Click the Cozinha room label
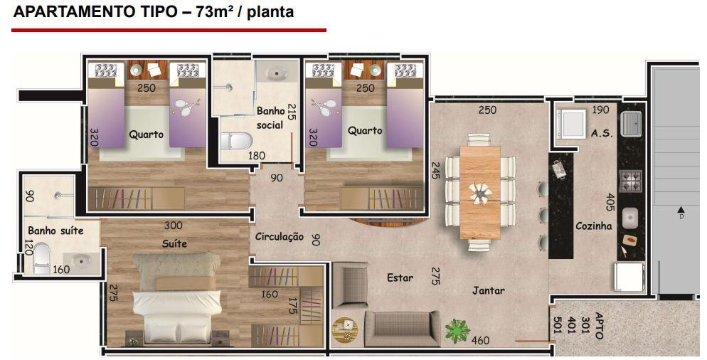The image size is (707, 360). coord(593,226)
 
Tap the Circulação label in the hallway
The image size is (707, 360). coord(279,236)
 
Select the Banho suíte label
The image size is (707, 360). coord(55,231)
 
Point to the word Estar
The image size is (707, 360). coord(400,277)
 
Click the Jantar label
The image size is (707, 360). coord(489,290)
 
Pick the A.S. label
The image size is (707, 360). coord(602,133)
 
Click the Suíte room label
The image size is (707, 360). coord(174,243)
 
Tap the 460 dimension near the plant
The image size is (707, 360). coord(480,340)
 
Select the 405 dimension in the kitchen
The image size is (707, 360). coord(610,203)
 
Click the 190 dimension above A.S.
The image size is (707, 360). coord(600,110)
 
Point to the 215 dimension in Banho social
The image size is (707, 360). coord(292,112)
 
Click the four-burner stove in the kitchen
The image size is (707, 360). coord(631,181)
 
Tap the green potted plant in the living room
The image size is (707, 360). coord(457,331)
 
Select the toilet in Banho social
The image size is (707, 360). coord(236,141)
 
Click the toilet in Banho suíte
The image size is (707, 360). coord(42,258)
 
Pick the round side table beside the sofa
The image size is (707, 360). coord(345,330)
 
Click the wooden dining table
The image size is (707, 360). coord(480,192)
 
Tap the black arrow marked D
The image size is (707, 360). coord(681,209)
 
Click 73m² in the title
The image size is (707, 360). coord(213,11)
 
